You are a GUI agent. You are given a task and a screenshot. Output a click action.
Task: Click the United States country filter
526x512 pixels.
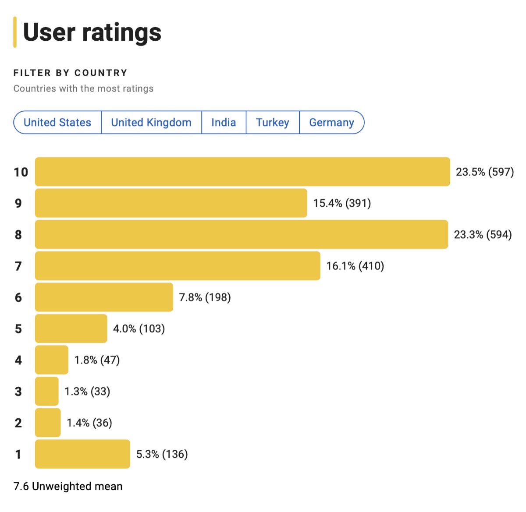point(57,123)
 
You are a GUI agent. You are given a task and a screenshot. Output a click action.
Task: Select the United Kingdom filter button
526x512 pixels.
point(151,123)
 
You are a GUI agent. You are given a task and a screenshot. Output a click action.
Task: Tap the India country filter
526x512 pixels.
point(224,123)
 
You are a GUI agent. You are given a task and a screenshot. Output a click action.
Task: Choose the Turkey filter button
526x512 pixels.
point(273,123)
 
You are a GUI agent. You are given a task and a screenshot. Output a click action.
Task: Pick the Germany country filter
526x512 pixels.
point(331,123)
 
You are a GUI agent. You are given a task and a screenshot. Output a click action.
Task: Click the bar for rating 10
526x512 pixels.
point(242,172)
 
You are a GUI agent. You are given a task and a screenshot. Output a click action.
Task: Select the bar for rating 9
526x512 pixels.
point(171,203)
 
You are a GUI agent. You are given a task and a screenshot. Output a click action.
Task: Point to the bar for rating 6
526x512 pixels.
point(104,297)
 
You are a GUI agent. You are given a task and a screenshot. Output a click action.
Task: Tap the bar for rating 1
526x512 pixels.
point(82,454)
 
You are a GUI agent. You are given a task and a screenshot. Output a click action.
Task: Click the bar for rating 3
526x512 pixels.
point(46,391)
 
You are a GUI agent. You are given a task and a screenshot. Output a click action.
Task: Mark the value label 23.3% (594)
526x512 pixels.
point(483,235)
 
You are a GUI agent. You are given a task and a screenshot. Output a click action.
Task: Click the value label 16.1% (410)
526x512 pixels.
point(355,266)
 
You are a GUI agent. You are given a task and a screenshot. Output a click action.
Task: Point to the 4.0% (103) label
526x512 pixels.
point(139,328)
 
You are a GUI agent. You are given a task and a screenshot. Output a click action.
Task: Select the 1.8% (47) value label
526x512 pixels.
point(97,360)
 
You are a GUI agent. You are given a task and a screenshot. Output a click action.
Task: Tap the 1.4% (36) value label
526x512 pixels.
point(89,423)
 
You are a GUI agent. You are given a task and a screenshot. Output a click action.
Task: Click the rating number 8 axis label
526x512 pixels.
point(18,235)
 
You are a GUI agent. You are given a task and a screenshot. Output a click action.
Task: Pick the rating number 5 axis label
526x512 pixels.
point(18,328)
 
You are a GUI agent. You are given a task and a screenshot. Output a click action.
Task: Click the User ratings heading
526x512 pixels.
point(92,32)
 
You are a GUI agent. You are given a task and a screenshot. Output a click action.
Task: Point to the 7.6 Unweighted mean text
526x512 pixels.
point(68,486)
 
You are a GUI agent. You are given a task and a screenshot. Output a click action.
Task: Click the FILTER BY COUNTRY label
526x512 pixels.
point(70,73)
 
